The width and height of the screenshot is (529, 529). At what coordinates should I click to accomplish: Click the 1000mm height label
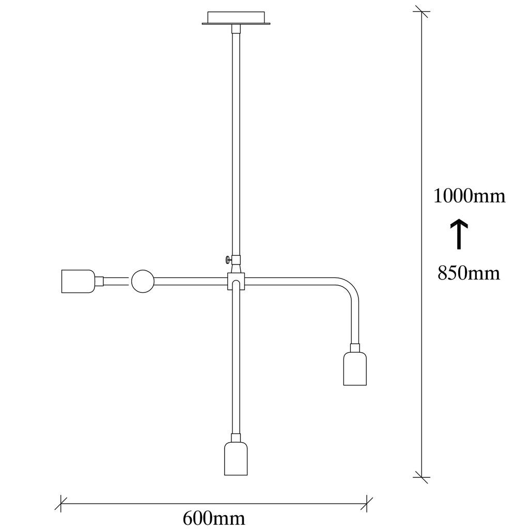pos(469,196)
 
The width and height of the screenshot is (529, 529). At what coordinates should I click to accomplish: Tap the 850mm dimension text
pos(469,273)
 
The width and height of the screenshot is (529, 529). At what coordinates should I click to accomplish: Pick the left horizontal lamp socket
pos(79,281)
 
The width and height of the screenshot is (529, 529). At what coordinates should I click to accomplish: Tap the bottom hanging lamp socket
pos(236,459)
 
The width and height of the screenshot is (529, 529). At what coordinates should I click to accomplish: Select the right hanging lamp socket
pos(355,368)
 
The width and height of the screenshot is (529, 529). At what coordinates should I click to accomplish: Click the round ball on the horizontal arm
pos(143,281)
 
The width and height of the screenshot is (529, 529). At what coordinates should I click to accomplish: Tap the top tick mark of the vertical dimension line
pos(422,11)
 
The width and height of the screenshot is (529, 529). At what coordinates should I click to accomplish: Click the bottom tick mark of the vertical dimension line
pos(422,477)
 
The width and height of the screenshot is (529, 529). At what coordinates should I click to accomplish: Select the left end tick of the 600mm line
pos(61,504)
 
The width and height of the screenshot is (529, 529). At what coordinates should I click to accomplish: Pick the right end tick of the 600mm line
pos(367,504)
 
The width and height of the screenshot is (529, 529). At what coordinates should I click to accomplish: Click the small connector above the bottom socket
pos(236,438)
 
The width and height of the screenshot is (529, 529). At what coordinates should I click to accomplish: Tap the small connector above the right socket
pos(355,348)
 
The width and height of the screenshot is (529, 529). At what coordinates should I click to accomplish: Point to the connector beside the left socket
pos(99,281)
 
